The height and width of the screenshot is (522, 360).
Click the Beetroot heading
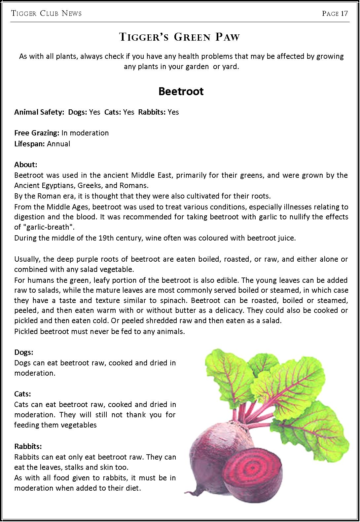pos(181,91)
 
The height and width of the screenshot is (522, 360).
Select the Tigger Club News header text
pos(46,14)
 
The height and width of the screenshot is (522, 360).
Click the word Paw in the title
pos(228,37)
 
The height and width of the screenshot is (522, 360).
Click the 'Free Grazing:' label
pos(37,133)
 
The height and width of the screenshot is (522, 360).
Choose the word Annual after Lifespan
pos(58,144)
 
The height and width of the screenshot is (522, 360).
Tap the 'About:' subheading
pos(26,165)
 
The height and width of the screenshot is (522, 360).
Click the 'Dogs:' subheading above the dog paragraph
pos(24,352)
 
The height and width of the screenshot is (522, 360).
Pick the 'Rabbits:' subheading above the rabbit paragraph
pos(28,446)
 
